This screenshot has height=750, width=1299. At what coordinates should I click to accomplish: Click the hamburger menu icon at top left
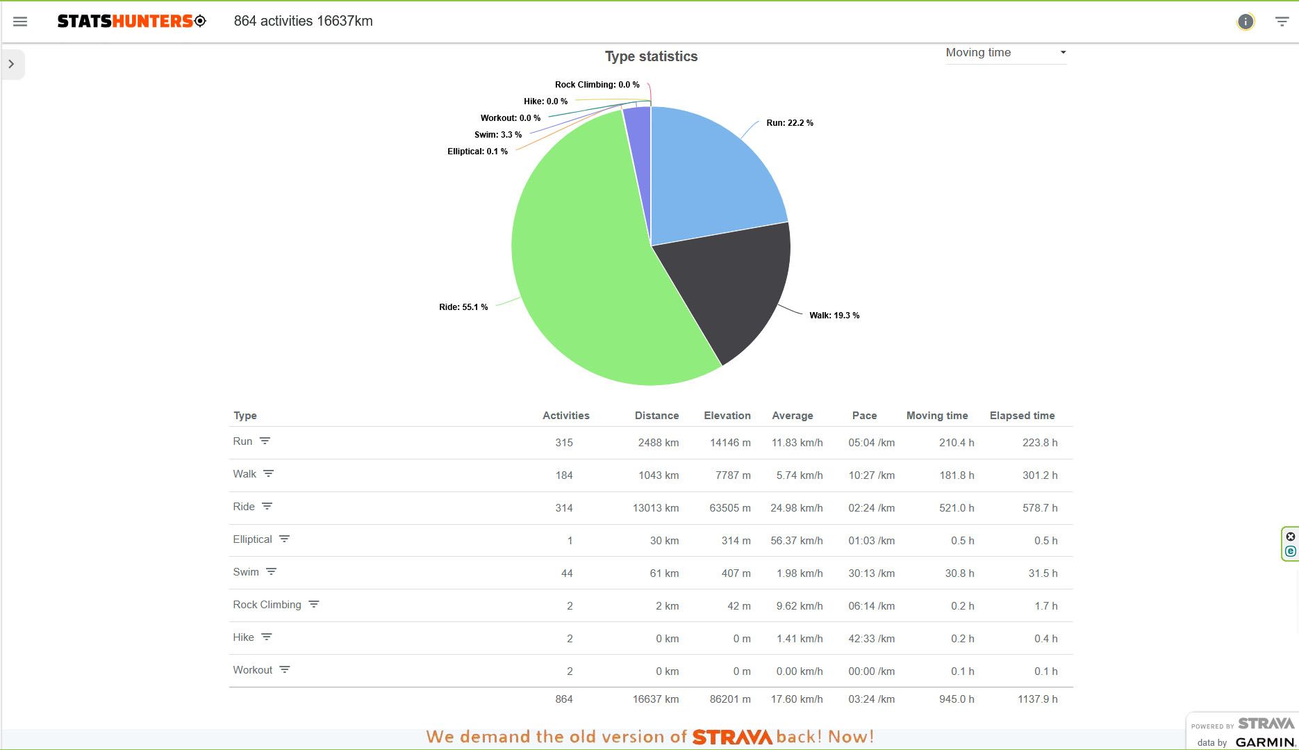click(20, 22)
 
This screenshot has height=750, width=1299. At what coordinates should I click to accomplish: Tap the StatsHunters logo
click(131, 22)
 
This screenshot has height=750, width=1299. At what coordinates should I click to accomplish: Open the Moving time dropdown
click(1005, 53)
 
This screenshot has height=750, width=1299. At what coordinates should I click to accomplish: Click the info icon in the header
click(1246, 22)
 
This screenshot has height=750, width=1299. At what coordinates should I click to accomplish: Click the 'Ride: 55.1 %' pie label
click(463, 307)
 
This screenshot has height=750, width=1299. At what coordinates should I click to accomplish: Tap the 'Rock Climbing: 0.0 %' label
click(597, 85)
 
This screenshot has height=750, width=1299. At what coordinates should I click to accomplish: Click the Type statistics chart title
click(651, 57)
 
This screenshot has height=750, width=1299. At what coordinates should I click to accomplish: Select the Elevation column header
click(727, 416)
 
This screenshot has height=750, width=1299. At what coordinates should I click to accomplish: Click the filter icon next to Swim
click(271, 571)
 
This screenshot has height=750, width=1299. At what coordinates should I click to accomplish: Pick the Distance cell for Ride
click(655, 508)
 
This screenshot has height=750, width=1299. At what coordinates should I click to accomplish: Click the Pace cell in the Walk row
click(871, 475)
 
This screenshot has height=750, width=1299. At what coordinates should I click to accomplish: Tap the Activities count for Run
click(564, 443)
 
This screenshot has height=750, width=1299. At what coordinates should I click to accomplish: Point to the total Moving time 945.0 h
click(956, 699)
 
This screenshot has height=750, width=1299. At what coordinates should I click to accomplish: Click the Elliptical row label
click(252, 539)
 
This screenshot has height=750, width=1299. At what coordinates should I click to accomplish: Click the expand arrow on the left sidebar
click(12, 64)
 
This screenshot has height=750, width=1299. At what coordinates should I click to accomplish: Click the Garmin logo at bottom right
click(1265, 742)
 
